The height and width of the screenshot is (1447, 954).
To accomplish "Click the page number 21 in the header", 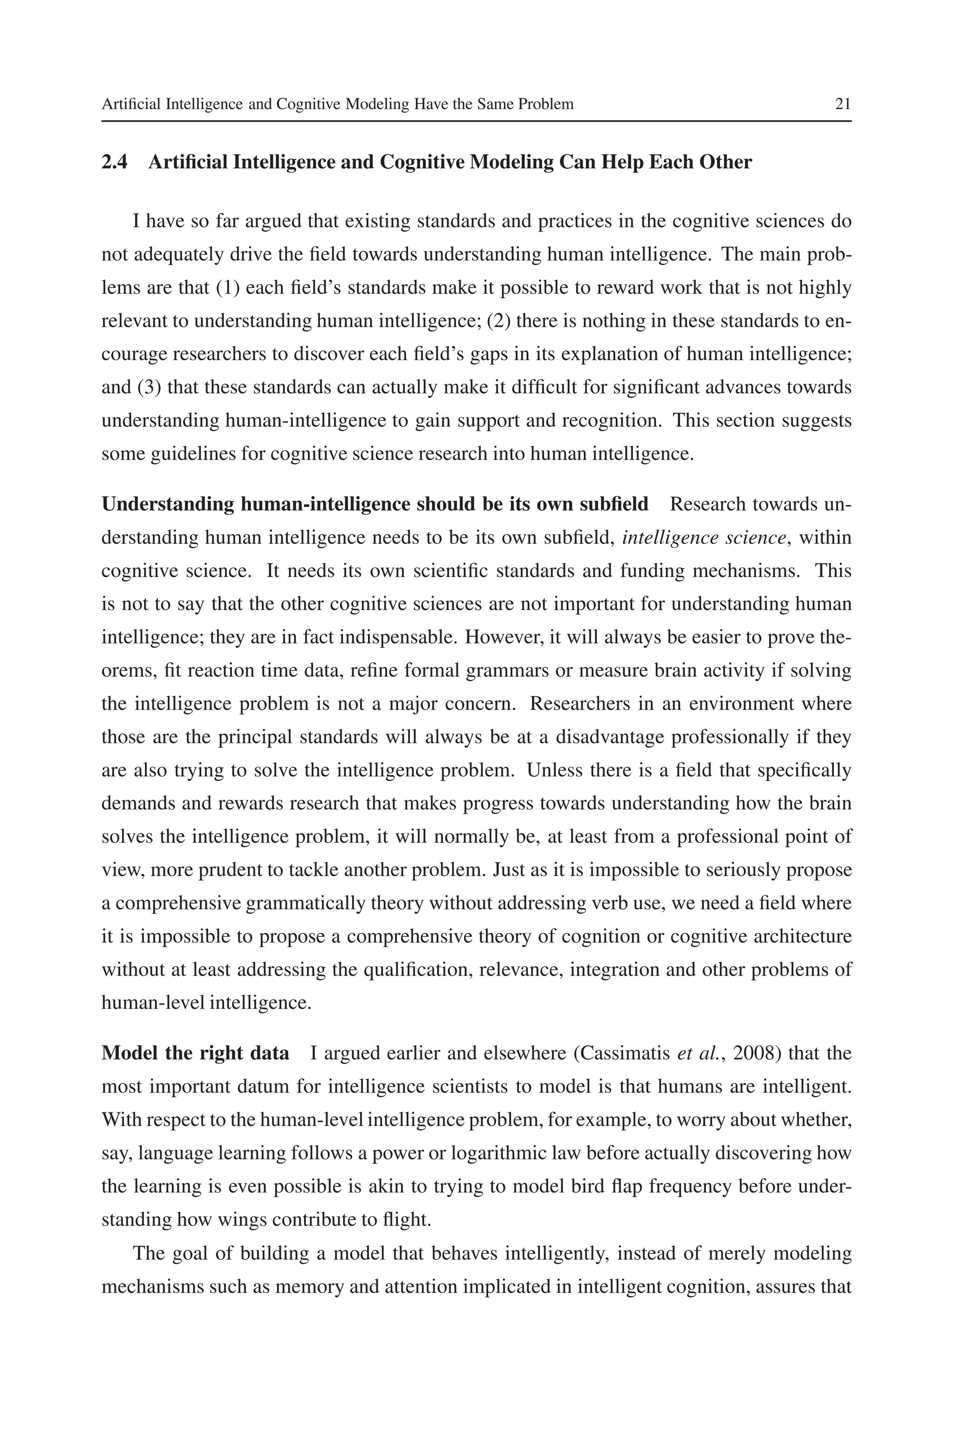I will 843,104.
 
